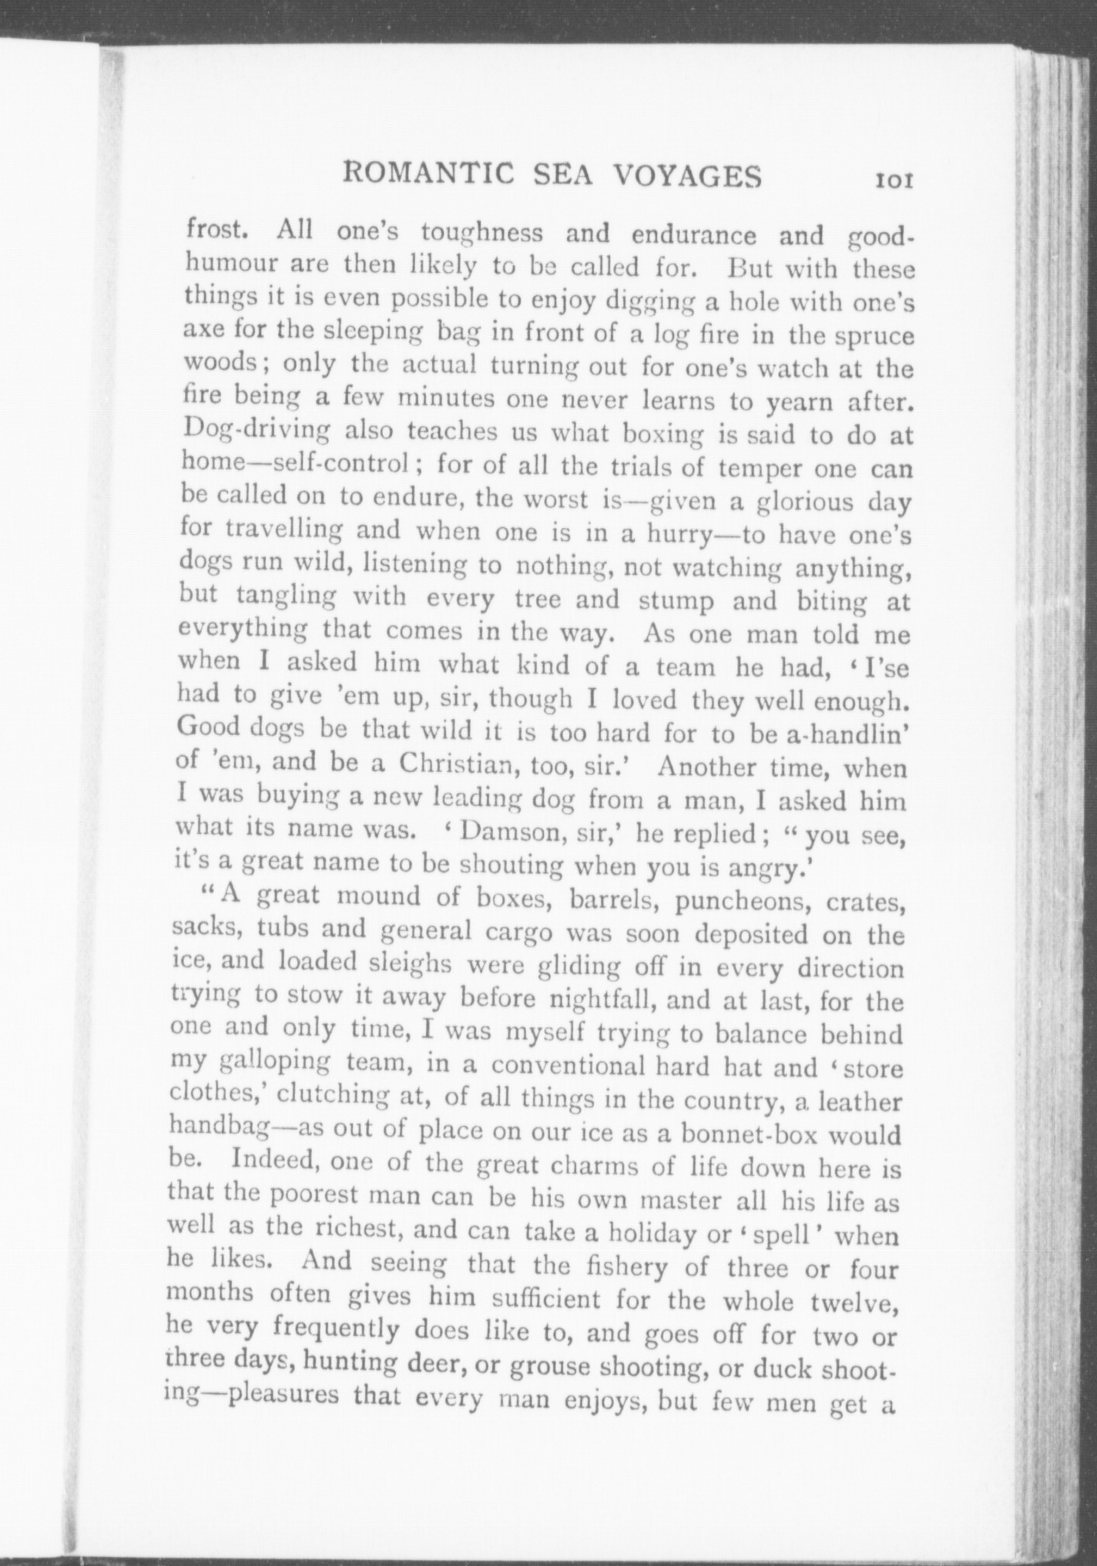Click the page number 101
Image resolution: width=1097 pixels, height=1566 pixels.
[893, 180]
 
